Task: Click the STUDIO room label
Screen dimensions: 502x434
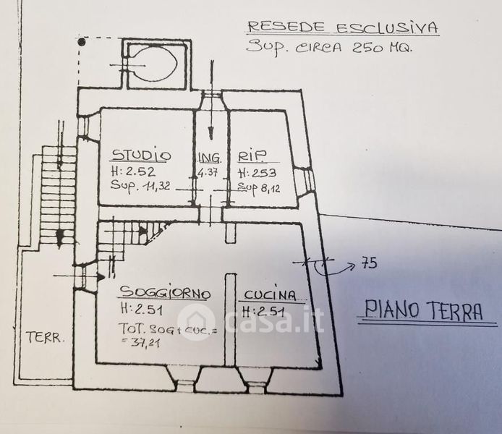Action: coord(141,155)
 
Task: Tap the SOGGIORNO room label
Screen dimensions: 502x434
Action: coord(165,292)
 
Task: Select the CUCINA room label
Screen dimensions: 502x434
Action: coord(270,295)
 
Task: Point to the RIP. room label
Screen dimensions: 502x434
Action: coord(252,156)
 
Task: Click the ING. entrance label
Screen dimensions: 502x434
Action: coord(210,158)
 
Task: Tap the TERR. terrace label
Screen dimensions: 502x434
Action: coord(45,338)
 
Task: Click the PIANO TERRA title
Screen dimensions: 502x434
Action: coord(423,310)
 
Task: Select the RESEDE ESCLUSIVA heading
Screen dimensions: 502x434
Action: coord(343,27)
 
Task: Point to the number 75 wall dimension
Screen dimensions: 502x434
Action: coord(369,263)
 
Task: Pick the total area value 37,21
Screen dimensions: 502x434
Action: coord(145,343)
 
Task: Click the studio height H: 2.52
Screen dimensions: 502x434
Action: coord(133,171)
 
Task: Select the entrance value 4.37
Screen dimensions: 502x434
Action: coord(208,173)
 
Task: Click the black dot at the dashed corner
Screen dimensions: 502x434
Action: coord(82,42)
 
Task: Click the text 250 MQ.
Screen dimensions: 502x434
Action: coord(382,48)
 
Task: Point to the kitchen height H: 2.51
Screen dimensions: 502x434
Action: coord(263,311)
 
